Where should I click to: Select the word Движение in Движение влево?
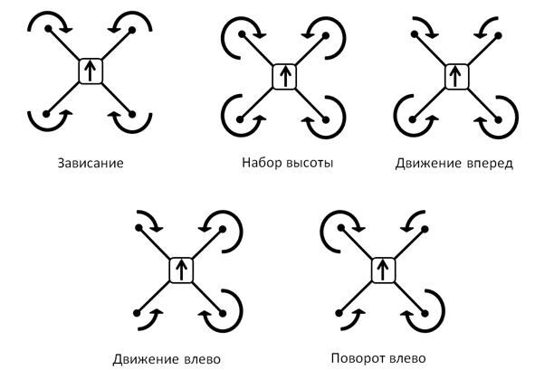point(144,358)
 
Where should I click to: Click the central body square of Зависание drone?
point(91,71)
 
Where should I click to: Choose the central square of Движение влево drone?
point(181,270)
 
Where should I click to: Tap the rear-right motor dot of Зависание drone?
point(133,114)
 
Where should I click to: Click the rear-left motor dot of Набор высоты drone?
point(244,119)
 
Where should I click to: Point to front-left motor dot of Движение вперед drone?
point(416,33)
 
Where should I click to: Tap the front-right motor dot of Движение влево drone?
point(224,228)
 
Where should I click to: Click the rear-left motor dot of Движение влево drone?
point(138,313)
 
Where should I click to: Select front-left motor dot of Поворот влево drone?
point(338,228)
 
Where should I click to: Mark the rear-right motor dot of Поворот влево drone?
point(423,313)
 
